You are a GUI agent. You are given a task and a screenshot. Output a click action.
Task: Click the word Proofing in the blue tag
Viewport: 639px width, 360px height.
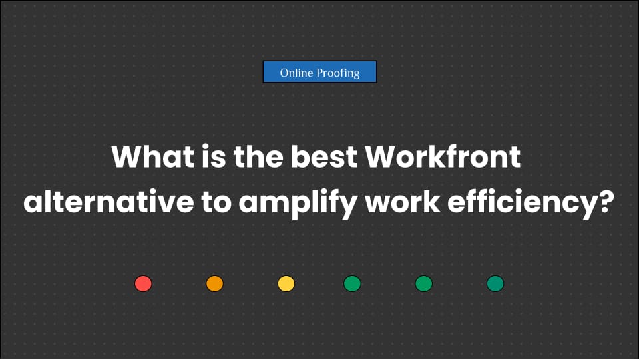pos(339,73)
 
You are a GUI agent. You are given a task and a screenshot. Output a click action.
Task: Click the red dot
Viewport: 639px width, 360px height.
pos(143,284)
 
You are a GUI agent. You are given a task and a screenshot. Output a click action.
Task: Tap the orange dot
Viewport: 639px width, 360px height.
pos(214,284)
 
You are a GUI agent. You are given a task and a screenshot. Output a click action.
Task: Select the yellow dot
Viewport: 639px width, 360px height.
pos(286,284)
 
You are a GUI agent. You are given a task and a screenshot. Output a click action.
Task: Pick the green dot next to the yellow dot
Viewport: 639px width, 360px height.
pos(352,284)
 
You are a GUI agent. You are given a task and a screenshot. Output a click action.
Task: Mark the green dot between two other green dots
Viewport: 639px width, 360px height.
pos(423,284)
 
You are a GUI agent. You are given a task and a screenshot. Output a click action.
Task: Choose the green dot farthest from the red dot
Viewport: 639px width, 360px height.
pos(495,284)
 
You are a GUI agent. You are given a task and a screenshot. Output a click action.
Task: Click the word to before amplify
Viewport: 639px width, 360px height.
pos(214,202)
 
